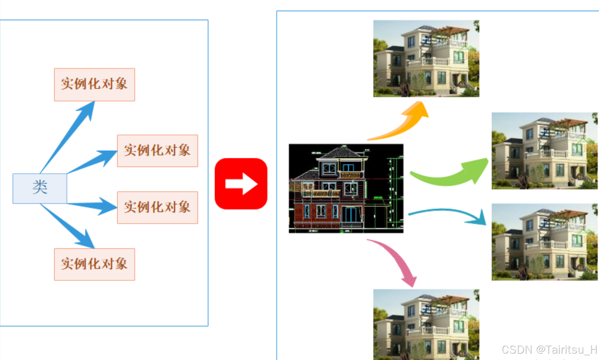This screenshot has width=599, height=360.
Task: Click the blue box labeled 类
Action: pos(40,188)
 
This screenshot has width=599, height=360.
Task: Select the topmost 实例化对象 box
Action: pos(94,84)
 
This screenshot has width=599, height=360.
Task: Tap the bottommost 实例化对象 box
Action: pos(94,264)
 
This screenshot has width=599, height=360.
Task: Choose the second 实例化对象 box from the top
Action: pos(157,151)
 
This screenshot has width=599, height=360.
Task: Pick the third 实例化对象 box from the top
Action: pos(157,207)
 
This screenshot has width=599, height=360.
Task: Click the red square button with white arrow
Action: pos(241,184)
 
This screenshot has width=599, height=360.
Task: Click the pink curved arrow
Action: pos(396,259)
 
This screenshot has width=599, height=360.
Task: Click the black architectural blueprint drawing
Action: pos(346,188)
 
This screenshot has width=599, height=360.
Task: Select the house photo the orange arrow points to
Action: pos(426,59)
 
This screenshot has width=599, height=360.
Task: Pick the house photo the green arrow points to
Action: pos(544,151)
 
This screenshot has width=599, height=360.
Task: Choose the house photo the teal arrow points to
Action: pos(544,242)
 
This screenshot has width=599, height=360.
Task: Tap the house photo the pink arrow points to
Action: pos(426,324)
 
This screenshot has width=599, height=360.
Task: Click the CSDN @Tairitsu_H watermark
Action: pos(549,350)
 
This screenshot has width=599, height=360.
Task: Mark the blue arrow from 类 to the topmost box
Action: pos(69,135)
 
